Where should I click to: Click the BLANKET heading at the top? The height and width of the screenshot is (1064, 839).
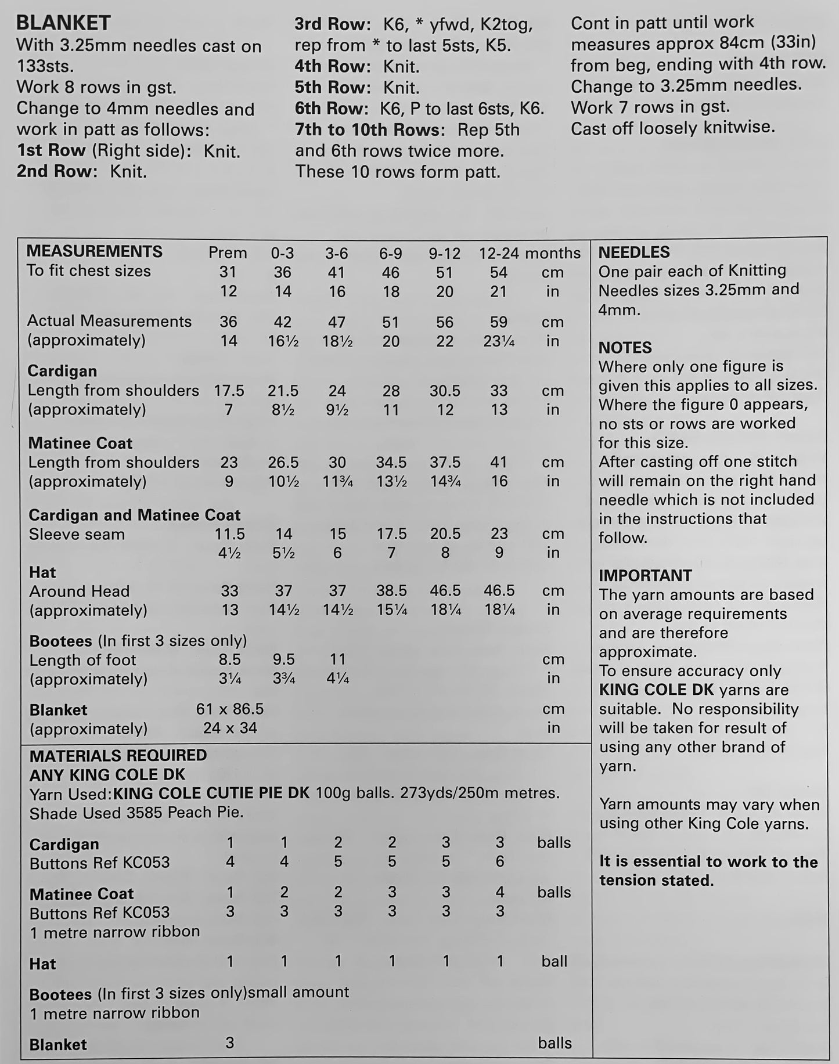click(x=63, y=23)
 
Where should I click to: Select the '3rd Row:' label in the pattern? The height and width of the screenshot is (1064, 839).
click(x=332, y=24)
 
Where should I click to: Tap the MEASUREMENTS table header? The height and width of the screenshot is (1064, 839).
click(x=95, y=251)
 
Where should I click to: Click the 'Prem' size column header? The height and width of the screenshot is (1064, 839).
click(x=228, y=253)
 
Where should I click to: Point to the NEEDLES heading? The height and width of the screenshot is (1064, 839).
click(x=633, y=252)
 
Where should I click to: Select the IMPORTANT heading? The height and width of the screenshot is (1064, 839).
click(x=645, y=575)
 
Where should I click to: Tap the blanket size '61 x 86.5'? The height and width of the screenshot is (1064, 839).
click(x=230, y=709)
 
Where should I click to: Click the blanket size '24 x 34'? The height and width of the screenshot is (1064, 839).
click(x=230, y=728)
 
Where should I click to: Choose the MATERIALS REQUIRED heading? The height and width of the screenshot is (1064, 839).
click(x=118, y=755)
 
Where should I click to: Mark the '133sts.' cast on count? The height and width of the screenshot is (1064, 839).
click(x=45, y=66)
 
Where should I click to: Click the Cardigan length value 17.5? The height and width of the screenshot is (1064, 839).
click(x=229, y=391)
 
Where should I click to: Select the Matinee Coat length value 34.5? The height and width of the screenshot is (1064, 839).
click(x=391, y=463)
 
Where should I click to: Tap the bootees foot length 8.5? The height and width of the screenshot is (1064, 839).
click(x=229, y=659)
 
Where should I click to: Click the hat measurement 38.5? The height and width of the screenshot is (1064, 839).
click(x=391, y=591)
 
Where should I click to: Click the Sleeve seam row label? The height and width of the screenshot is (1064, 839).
click(x=77, y=534)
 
